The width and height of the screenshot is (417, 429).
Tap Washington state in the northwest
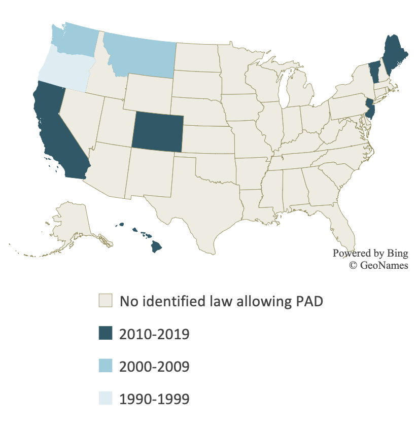point(74,38)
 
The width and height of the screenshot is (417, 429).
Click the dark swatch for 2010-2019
point(105,333)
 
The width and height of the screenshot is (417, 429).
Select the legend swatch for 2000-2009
point(105,366)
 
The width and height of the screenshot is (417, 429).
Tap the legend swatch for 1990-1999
point(105,398)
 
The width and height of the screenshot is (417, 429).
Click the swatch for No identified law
point(105,301)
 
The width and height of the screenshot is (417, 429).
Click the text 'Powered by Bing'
point(370,253)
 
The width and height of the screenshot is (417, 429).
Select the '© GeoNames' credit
point(378,265)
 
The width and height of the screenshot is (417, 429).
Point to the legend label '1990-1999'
point(154,399)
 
